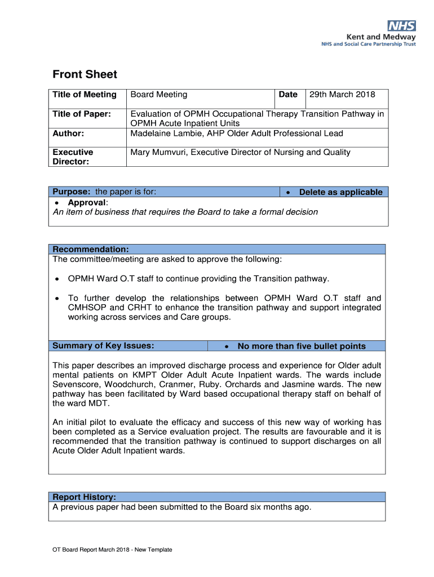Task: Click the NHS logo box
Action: tap(402, 26)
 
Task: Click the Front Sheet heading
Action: tap(85, 74)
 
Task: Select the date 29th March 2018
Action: tap(342, 95)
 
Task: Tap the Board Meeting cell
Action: tap(159, 95)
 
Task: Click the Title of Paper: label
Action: tap(82, 114)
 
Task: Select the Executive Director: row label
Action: tap(73, 157)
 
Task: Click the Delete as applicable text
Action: tap(340, 192)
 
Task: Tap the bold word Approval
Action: tap(87, 203)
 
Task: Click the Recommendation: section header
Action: tap(91, 250)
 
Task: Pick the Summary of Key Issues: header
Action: tap(103, 346)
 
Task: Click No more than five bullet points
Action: tap(302, 347)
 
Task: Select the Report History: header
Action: tap(85, 497)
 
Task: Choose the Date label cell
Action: tap(288, 95)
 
